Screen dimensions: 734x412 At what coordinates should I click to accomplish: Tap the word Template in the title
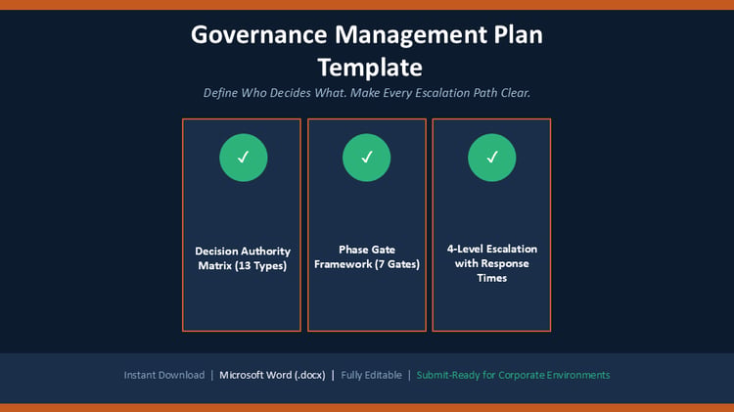pyautogui.click(x=370, y=68)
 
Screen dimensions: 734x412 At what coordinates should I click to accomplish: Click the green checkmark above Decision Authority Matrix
pyautogui.click(x=244, y=158)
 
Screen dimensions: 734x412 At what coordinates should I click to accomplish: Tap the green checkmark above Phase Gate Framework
pyautogui.click(x=367, y=158)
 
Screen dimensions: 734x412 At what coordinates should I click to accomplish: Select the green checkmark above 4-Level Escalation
pyautogui.click(x=492, y=158)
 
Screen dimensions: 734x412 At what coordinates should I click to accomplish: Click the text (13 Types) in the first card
pyautogui.click(x=260, y=266)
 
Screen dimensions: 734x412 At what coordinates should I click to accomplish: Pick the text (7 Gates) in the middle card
pyautogui.click(x=397, y=264)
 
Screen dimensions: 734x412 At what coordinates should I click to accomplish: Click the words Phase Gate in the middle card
pyautogui.click(x=367, y=250)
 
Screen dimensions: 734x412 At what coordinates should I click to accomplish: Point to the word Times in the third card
pyautogui.click(x=492, y=278)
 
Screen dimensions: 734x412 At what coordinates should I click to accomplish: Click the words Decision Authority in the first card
pyautogui.click(x=243, y=252)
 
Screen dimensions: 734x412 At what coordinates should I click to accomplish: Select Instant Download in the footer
pyautogui.click(x=164, y=375)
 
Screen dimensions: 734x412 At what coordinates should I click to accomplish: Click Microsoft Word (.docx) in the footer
pyautogui.click(x=272, y=375)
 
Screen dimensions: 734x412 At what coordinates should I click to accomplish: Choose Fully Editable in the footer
pyautogui.click(x=371, y=375)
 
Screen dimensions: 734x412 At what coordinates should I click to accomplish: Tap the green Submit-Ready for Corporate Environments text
pyautogui.click(x=513, y=375)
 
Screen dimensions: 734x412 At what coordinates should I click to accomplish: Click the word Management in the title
pyautogui.click(x=410, y=36)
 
